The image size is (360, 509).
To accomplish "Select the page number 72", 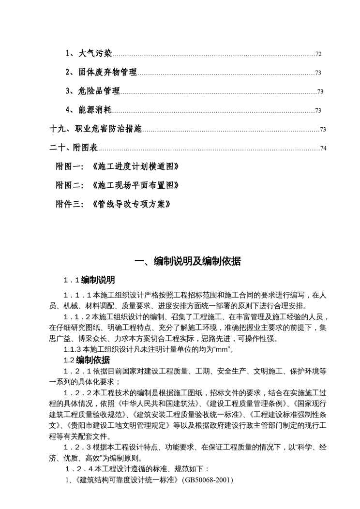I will click(318, 54).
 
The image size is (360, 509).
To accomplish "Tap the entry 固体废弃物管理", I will click(108, 73).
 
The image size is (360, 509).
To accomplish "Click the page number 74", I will click(323, 148).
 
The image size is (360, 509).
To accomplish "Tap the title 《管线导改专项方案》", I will click(131, 204).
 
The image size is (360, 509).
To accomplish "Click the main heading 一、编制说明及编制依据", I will click(187, 262).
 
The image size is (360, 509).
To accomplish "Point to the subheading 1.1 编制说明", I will click(90, 280).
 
